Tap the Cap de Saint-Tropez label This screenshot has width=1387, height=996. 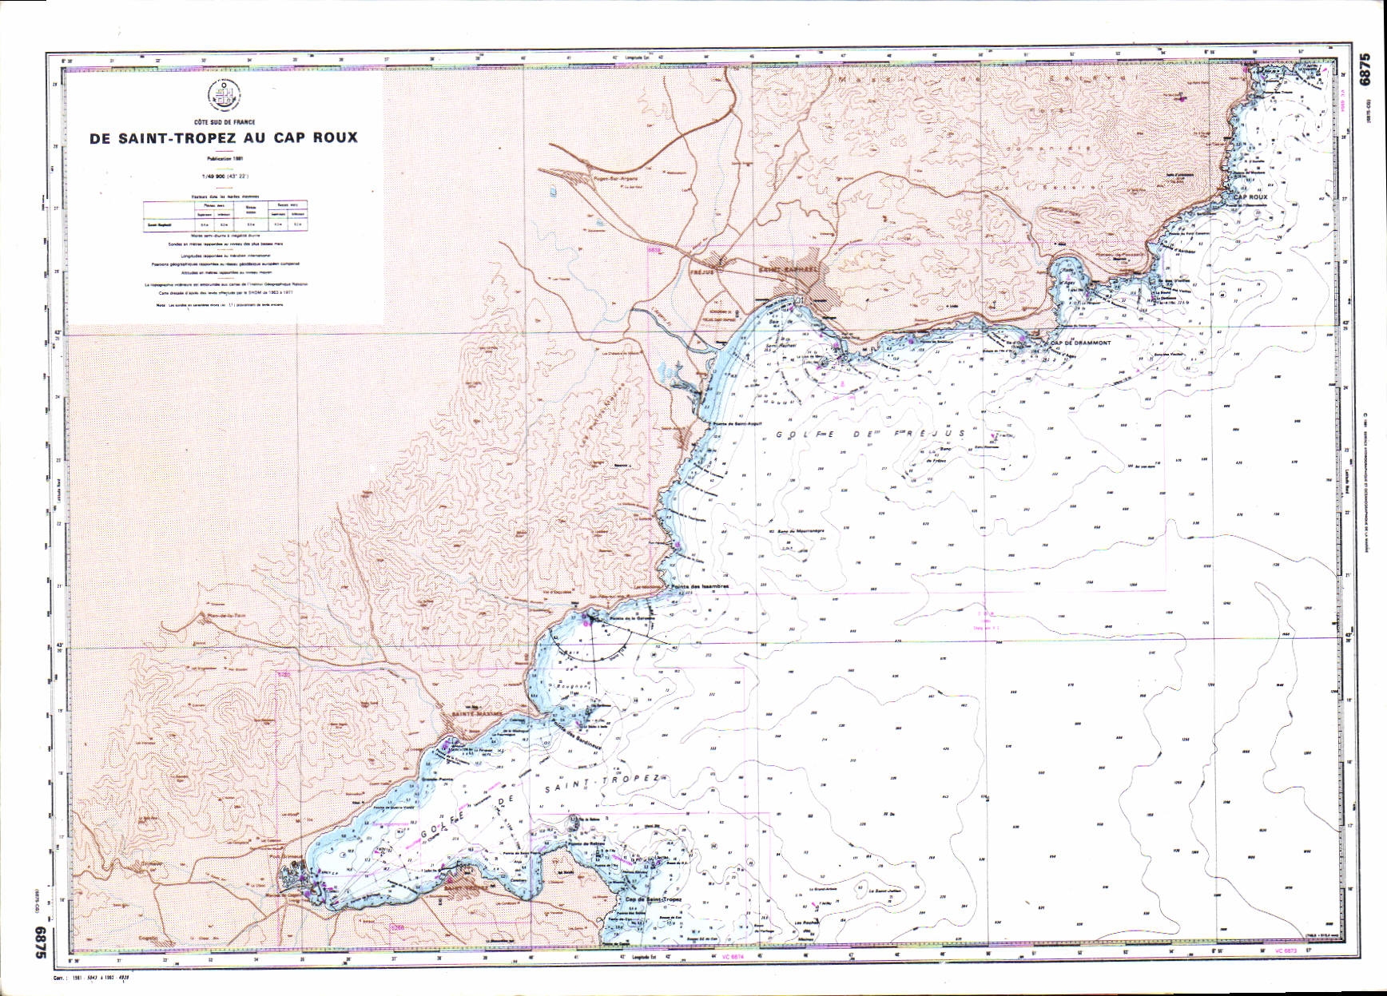click(648, 899)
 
